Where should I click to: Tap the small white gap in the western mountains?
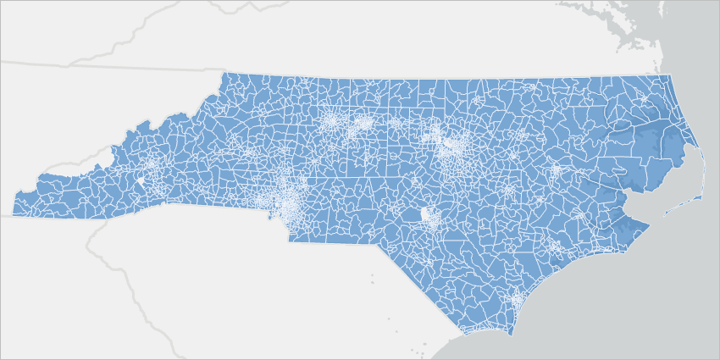pos(141,181)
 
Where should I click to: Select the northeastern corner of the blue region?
pos(669,75)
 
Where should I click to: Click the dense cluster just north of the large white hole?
pos(450,148)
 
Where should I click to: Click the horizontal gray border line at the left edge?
pos(34,62)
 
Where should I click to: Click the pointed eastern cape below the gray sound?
pos(649,225)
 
